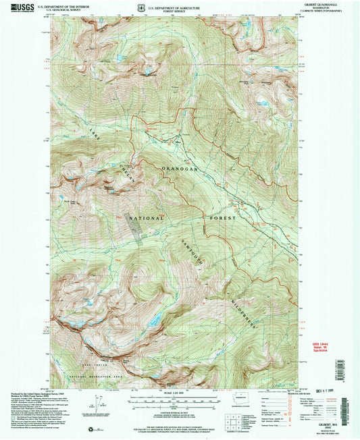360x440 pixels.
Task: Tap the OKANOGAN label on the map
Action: [x=179, y=169]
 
